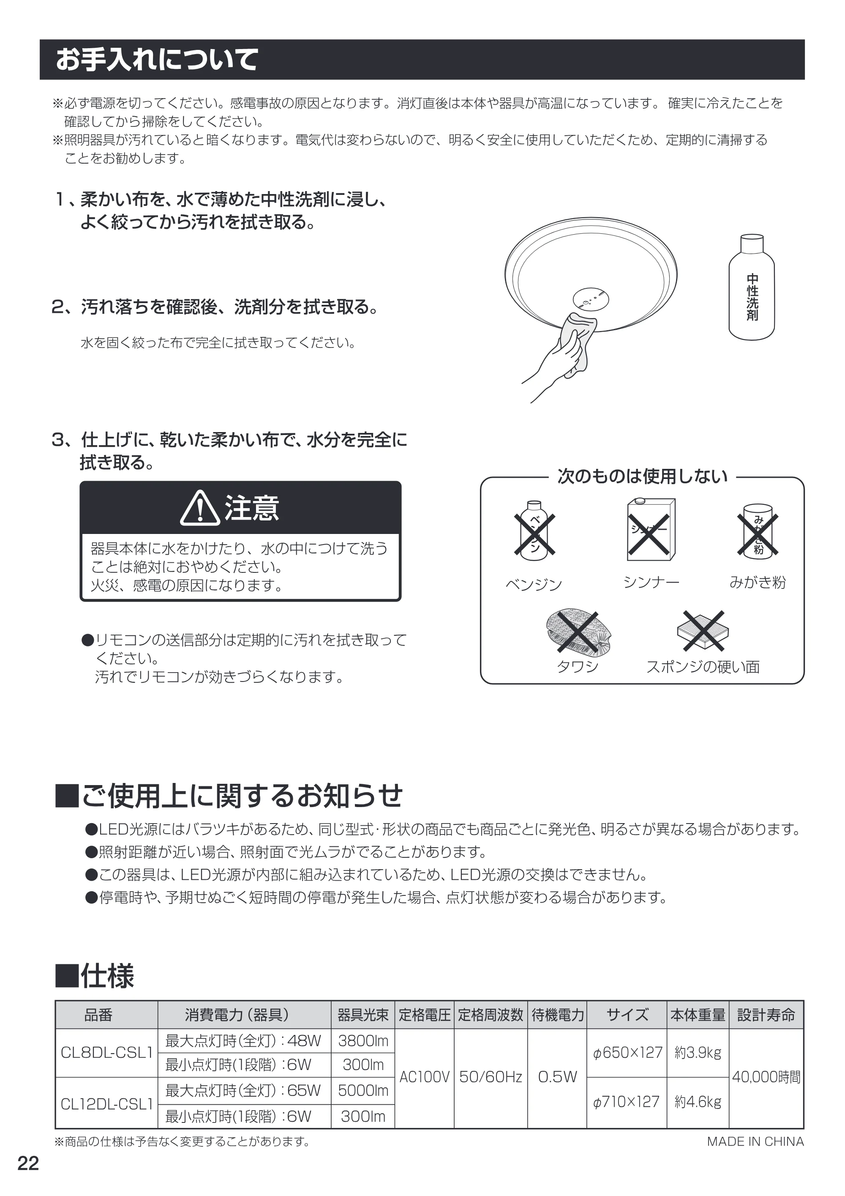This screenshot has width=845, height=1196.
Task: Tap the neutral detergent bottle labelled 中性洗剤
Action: point(751,287)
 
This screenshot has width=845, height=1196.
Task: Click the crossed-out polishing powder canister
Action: point(758,531)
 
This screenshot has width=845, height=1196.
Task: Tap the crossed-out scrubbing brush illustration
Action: point(578,630)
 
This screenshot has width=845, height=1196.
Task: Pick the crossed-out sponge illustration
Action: point(703,630)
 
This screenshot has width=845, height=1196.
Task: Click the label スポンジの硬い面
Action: point(703,667)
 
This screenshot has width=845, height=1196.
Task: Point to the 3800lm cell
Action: point(363,1041)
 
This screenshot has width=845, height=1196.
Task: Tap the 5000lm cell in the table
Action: point(363,1090)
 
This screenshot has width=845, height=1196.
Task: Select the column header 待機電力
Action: point(558,1015)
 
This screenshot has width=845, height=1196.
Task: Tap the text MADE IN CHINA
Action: point(755,1142)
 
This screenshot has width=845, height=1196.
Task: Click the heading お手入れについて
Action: point(157,59)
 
